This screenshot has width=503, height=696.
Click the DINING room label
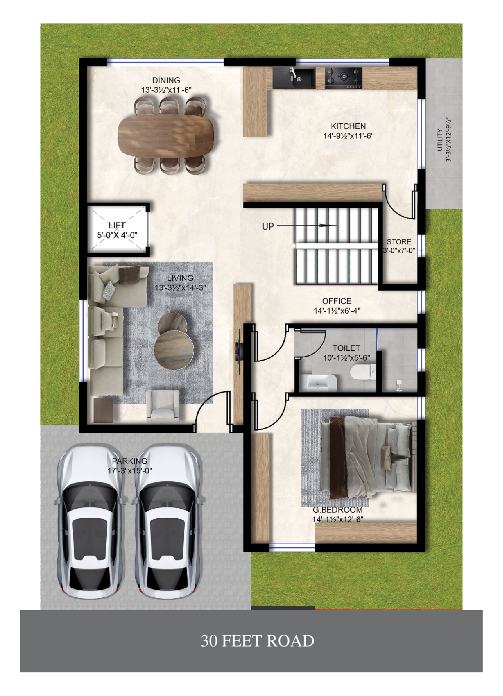tap(166, 80)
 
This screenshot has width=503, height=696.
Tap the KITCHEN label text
tap(348, 126)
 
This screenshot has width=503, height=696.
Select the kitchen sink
tap(294, 78)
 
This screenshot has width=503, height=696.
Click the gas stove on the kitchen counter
tap(344, 78)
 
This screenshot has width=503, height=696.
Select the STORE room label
tap(399, 242)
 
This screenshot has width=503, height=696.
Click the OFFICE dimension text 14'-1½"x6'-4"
tap(337, 311)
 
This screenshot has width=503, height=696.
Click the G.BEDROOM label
tap(338, 510)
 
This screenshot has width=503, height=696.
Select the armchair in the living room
tap(162, 403)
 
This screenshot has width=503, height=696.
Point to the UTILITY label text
tap(440, 140)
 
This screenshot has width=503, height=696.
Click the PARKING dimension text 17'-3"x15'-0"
tap(130, 471)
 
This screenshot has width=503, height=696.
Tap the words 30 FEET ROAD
tap(258, 641)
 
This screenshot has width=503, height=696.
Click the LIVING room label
tap(180, 278)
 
